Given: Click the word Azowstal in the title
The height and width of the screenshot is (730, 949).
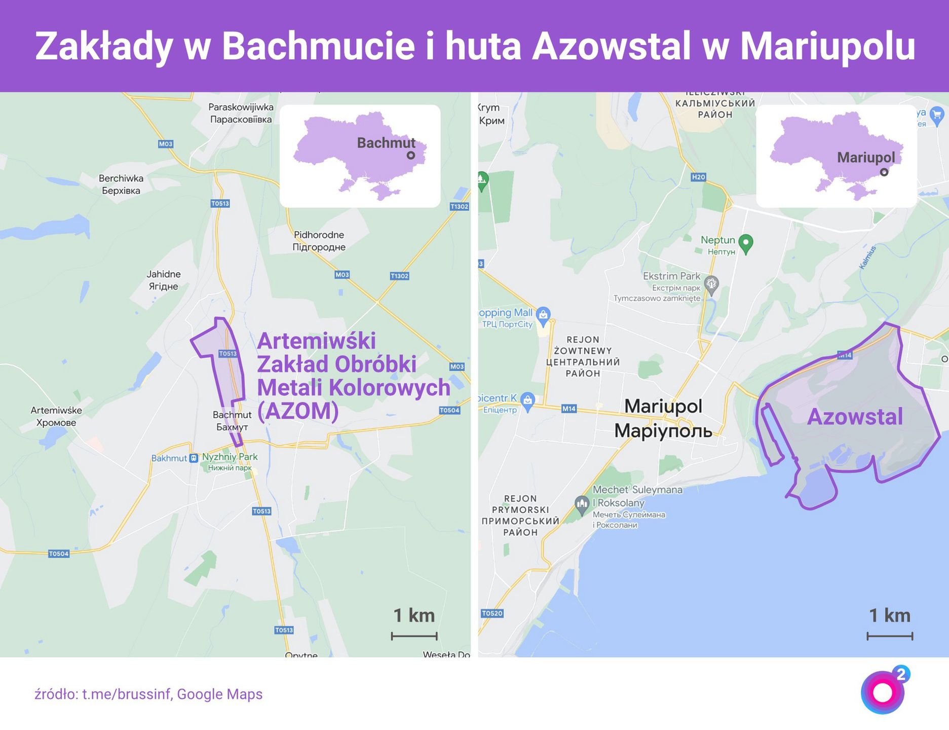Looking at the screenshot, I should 611,46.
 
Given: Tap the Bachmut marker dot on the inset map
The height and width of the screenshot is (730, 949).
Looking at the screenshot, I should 411,156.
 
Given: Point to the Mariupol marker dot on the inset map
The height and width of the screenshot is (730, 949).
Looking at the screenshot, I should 884,172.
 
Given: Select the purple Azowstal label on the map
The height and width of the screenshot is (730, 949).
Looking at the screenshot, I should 855,417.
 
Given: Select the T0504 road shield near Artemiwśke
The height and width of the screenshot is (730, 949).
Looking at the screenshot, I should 59,554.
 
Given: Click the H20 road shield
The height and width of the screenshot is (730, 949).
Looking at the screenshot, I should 698,177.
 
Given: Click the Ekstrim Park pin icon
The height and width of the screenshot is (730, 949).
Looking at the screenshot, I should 712,284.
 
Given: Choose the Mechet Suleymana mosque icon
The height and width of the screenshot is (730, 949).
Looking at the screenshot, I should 582,504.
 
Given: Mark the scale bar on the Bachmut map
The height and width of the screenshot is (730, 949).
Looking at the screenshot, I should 414,636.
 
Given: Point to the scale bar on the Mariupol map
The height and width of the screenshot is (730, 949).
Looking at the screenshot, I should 890,636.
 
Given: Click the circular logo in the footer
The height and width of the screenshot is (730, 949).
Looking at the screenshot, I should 883,692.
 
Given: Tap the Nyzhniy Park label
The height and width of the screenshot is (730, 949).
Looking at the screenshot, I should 230,457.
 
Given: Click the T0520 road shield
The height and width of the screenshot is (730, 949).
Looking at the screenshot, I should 492,613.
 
